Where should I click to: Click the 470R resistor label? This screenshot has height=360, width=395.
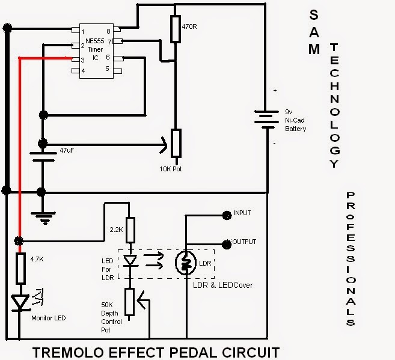189,26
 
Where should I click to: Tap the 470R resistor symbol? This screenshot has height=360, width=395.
176,29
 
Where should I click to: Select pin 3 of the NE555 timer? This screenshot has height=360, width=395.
76,59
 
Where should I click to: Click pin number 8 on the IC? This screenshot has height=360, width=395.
108,31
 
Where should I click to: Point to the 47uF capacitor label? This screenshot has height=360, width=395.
67,150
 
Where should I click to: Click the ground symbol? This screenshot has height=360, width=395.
43,218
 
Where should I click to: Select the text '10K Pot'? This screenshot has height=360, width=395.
170,169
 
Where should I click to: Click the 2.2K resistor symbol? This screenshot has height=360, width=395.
130,230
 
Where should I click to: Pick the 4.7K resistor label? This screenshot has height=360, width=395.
37,259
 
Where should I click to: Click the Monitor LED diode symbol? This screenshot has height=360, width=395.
20,303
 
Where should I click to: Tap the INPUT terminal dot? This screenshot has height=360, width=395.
227,215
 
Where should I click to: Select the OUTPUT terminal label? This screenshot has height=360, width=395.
243,242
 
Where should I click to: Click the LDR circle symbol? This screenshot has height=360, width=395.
186,263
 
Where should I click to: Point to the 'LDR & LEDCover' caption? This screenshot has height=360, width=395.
222,285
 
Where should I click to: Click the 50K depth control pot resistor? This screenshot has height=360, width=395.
129,302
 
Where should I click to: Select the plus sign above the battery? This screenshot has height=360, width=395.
275,90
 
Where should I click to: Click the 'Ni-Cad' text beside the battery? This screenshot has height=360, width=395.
295,120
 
